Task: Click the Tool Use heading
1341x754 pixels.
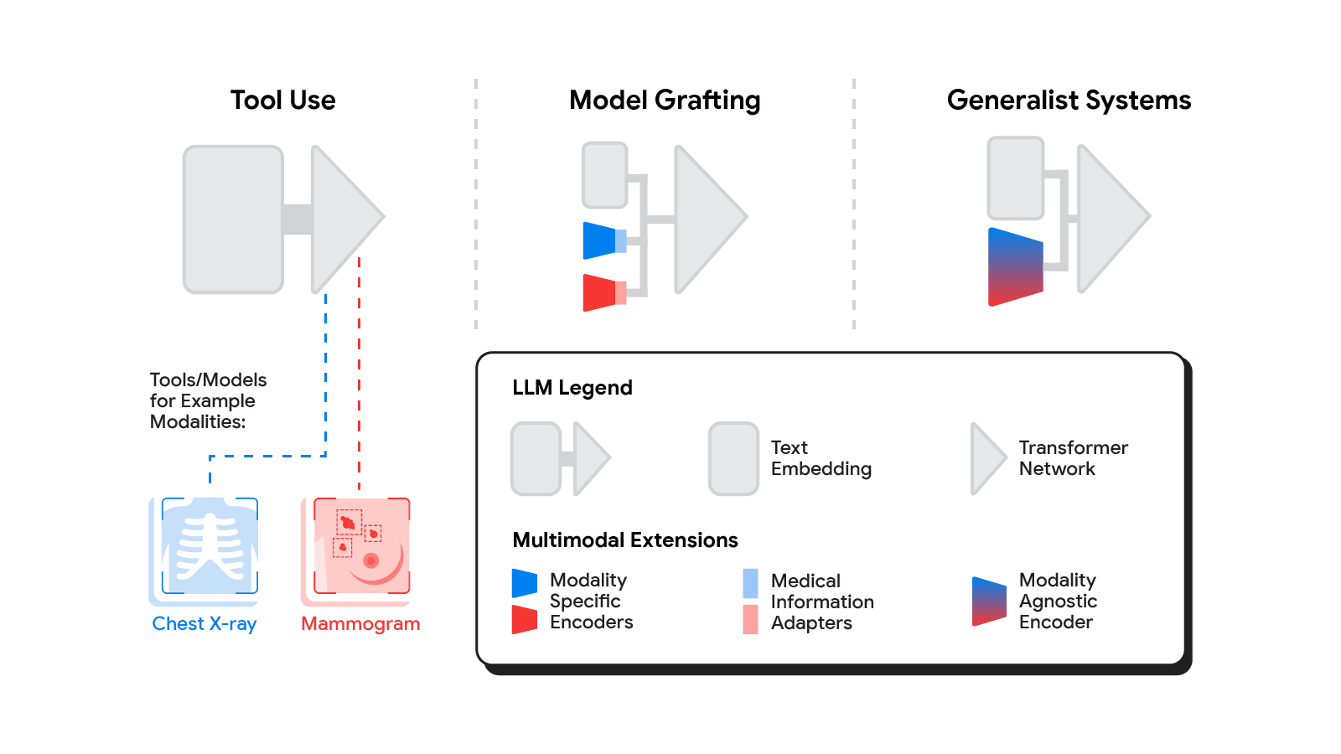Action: click(282, 101)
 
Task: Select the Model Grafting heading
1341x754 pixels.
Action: click(665, 101)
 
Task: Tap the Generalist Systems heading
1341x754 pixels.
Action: click(1069, 101)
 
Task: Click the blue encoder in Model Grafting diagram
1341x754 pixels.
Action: click(600, 240)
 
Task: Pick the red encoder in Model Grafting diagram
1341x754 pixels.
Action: click(600, 292)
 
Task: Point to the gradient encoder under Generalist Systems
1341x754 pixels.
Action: click(1016, 266)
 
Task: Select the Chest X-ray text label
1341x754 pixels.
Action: click(205, 624)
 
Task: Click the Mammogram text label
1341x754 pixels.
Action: click(360, 624)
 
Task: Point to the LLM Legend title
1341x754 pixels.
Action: click(572, 388)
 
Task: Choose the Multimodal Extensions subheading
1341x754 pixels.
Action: click(625, 540)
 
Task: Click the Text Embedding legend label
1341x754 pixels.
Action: click(821, 458)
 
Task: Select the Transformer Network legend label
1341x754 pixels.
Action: click(1073, 458)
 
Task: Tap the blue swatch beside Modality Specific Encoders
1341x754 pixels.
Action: click(525, 583)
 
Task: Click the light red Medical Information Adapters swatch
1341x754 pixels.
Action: click(750, 619)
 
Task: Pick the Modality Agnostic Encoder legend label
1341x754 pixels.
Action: click(1058, 602)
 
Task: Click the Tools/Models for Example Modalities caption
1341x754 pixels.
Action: click(208, 401)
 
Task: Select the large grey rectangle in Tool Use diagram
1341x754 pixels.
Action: click(233, 219)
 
